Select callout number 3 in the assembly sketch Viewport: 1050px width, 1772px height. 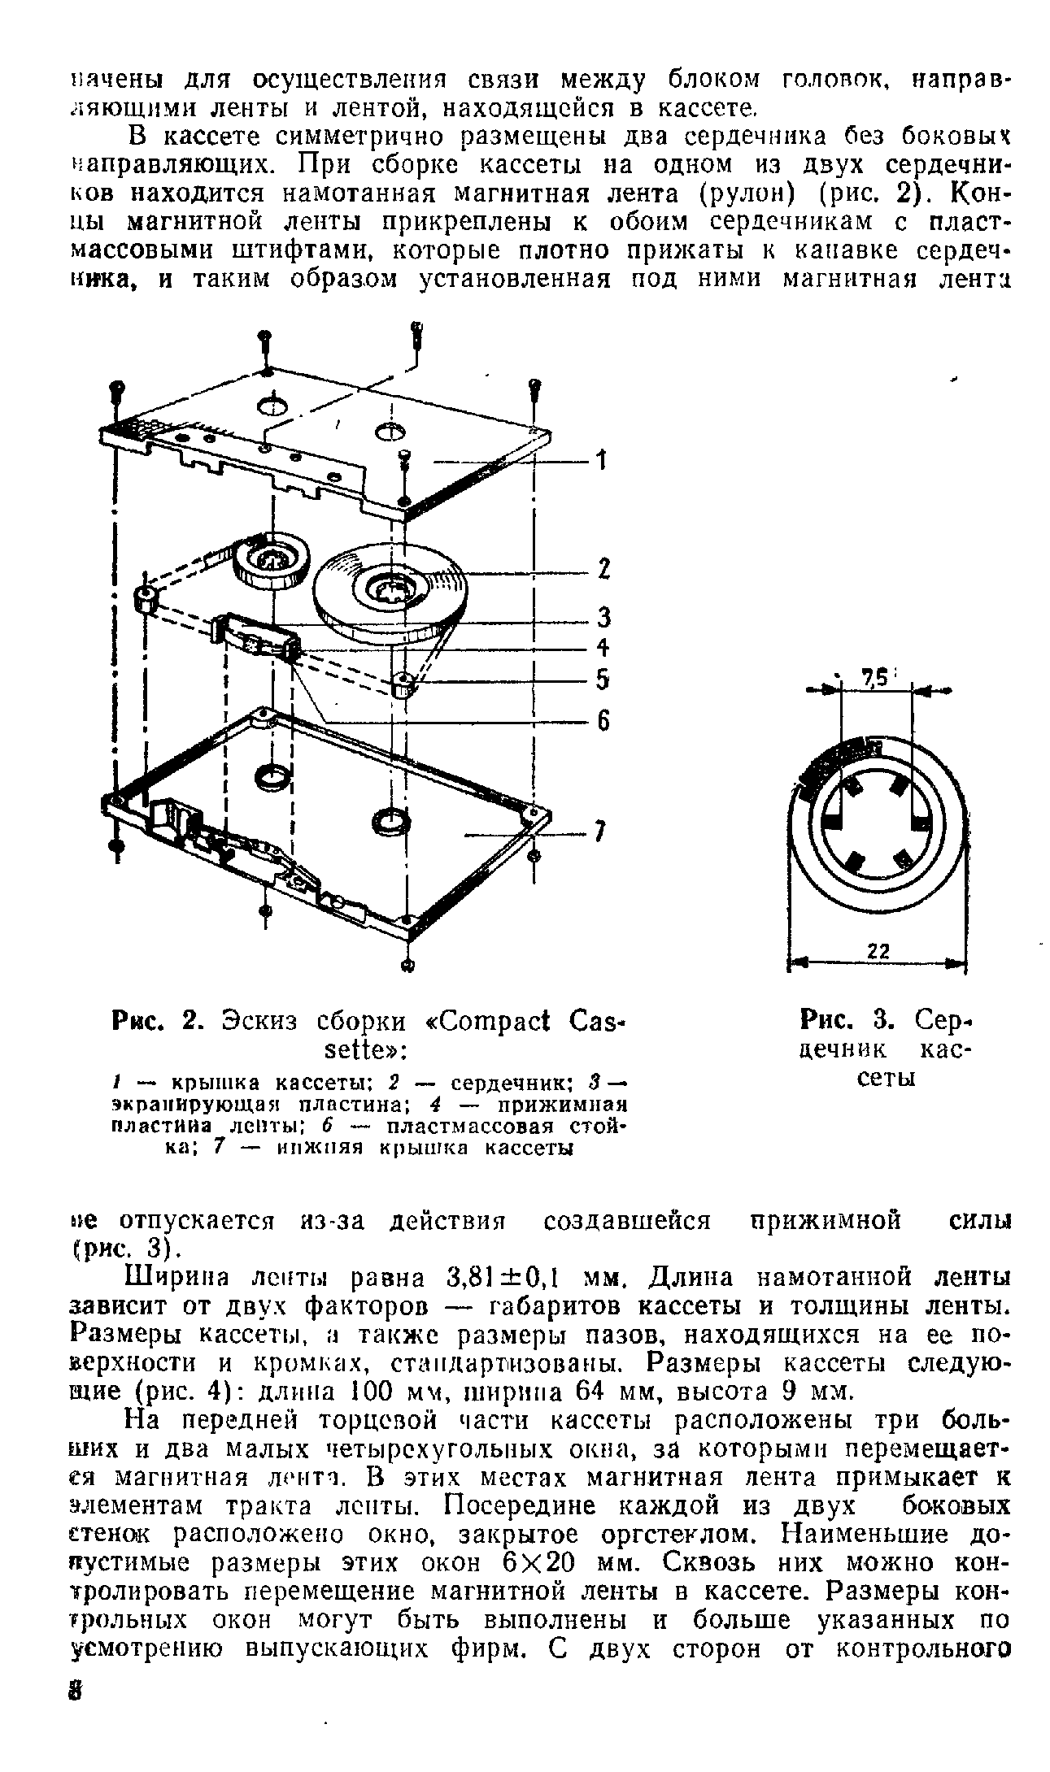pyautogui.click(x=603, y=618)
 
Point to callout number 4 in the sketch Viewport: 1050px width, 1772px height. pyautogui.click(x=603, y=648)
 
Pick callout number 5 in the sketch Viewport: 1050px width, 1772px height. pyautogui.click(x=603, y=679)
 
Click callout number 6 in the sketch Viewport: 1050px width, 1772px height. pyautogui.click(x=603, y=721)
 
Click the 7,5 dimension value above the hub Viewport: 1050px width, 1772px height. pyautogui.click(x=874, y=676)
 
